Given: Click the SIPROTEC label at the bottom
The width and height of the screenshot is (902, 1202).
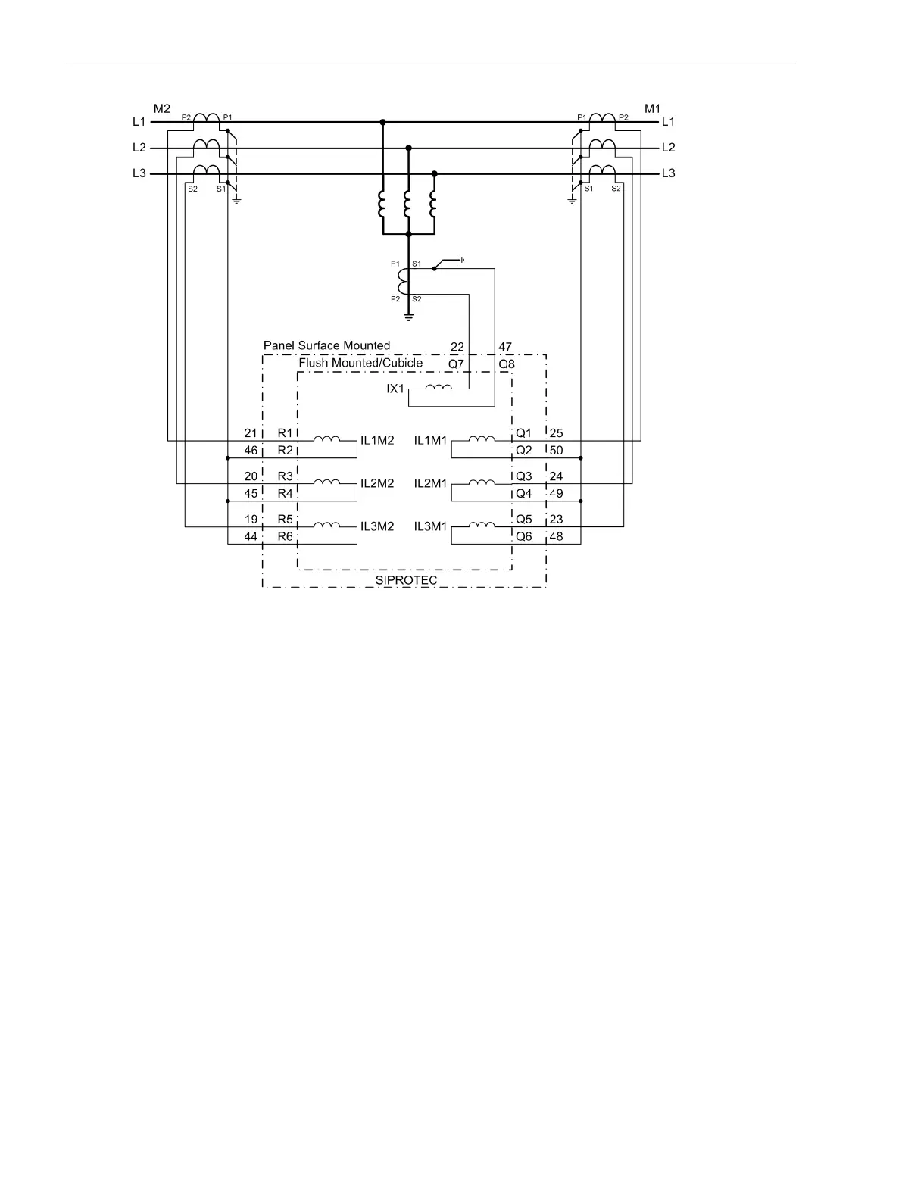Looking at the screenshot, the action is pos(406,580).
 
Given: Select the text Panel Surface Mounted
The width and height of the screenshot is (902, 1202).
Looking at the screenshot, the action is pos(326,345).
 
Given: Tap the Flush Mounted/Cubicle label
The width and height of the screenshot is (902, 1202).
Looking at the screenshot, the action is pos(360,363).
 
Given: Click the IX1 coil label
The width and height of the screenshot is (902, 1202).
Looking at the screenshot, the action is pos(396,389).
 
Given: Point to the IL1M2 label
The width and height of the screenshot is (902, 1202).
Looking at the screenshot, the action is pos(377,440).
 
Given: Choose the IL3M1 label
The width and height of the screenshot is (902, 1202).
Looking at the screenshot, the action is pos(431,526).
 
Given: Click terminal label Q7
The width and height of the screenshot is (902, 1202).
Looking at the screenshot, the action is pos(456,364).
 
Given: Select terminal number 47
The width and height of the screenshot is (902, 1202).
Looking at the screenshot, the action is pos(505,347).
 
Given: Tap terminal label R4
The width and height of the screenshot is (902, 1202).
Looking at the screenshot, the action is pos(285,494).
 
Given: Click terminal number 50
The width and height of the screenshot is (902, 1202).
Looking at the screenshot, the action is pos(556,451).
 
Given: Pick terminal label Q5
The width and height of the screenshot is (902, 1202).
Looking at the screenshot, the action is pos(524,520).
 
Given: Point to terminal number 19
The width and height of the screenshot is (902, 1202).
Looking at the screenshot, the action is pos(251,520).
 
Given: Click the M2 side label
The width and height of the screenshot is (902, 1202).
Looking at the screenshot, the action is pos(162,109).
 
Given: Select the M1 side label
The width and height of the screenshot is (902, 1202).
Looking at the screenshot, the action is pos(652,109).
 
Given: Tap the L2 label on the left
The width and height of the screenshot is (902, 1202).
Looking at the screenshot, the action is pos(139,148).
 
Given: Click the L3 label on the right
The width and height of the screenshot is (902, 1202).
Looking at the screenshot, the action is pos(668,173).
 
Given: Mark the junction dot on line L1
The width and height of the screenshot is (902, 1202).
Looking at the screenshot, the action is pos(382,122).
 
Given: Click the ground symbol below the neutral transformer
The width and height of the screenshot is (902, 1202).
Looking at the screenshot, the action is pos(408,316).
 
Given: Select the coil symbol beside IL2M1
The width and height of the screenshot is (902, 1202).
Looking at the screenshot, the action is pos(482,482).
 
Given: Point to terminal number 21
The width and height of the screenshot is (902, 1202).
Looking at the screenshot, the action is pos(251,433).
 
